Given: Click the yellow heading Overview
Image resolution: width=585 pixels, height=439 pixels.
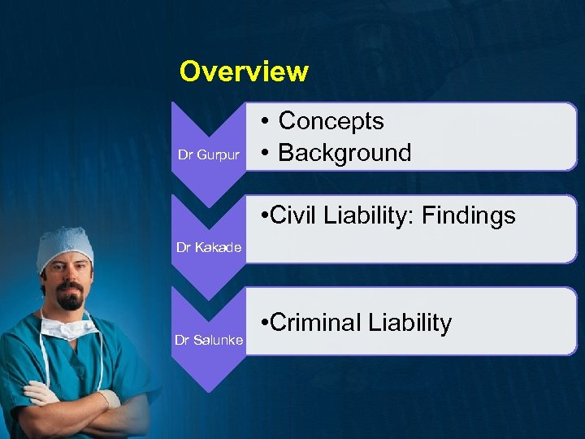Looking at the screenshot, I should pyautogui.click(x=244, y=72).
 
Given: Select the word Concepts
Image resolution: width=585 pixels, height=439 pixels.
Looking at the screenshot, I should pyautogui.click(x=331, y=121).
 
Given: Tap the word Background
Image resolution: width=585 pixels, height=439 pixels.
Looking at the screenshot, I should pyautogui.click(x=344, y=152).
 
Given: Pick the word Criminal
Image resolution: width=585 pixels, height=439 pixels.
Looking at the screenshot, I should pyautogui.click(x=315, y=323).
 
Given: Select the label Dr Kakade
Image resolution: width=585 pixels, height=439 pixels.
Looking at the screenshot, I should pyautogui.click(x=209, y=247).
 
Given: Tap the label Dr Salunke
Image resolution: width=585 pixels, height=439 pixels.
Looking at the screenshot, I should pyautogui.click(x=209, y=340).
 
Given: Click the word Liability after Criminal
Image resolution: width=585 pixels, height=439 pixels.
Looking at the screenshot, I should pyautogui.click(x=409, y=323).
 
